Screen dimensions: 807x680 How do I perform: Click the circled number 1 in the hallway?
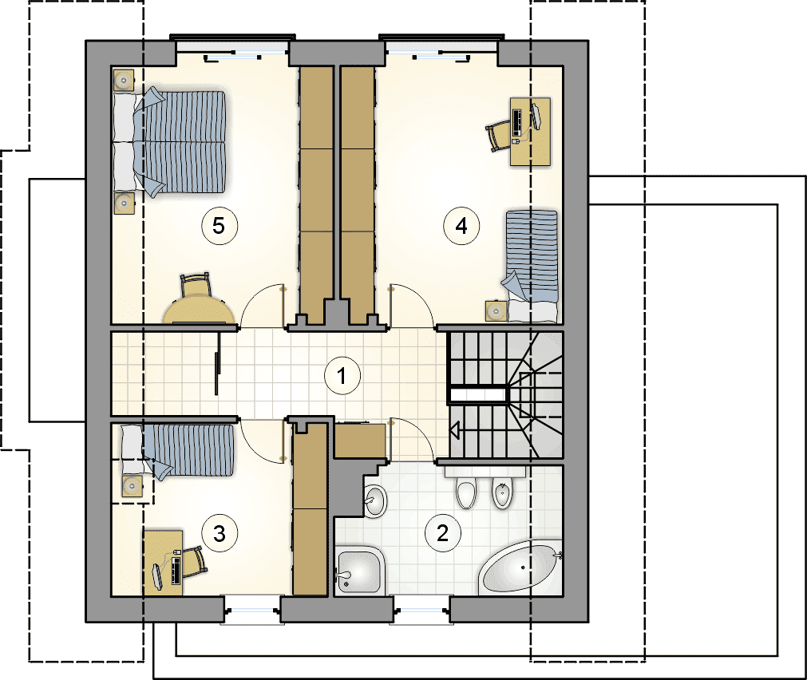pyautogui.click(x=342, y=376)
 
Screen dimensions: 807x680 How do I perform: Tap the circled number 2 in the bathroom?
pyautogui.click(x=443, y=533)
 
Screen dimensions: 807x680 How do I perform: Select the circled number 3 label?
pyautogui.click(x=220, y=534)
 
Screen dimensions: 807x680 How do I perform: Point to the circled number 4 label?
pyautogui.click(x=461, y=225)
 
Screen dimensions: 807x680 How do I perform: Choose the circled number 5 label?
pyautogui.click(x=219, y=225)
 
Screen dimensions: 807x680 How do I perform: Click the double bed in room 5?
pyautogui.click(x=170, y=142)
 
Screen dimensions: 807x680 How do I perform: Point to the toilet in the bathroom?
pyautogui.click(x=466, y=492)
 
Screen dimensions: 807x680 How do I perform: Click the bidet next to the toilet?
pyautogui.click(x=502, y=492)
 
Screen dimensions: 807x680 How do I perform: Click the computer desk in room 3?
pyautogui.click(x=164, y=563)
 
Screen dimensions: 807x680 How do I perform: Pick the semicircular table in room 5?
pyautogui.click(x=200, y=310)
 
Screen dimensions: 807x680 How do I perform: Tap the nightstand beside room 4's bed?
pyautogui.click(x=496, y=310)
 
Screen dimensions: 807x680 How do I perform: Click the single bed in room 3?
pyautogui.click(x=177, y=451)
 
